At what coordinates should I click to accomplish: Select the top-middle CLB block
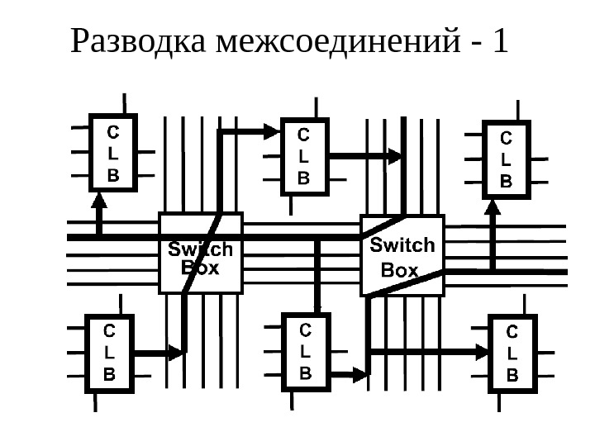tap(304, 155)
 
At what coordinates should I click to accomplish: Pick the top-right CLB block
tap(507, 158)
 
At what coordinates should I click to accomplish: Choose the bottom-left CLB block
tap(111, 352)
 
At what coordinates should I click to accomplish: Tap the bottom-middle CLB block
tap(305, 351)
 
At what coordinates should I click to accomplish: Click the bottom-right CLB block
tap(512, 353)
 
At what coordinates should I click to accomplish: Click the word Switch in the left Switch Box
tap(201, 249)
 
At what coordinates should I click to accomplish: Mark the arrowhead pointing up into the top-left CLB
tap(99, 200)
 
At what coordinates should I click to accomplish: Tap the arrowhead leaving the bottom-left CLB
tap(175, 353)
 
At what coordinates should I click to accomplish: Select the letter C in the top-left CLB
tap(113, 132)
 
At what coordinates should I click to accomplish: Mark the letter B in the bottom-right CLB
tap(512, 374)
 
